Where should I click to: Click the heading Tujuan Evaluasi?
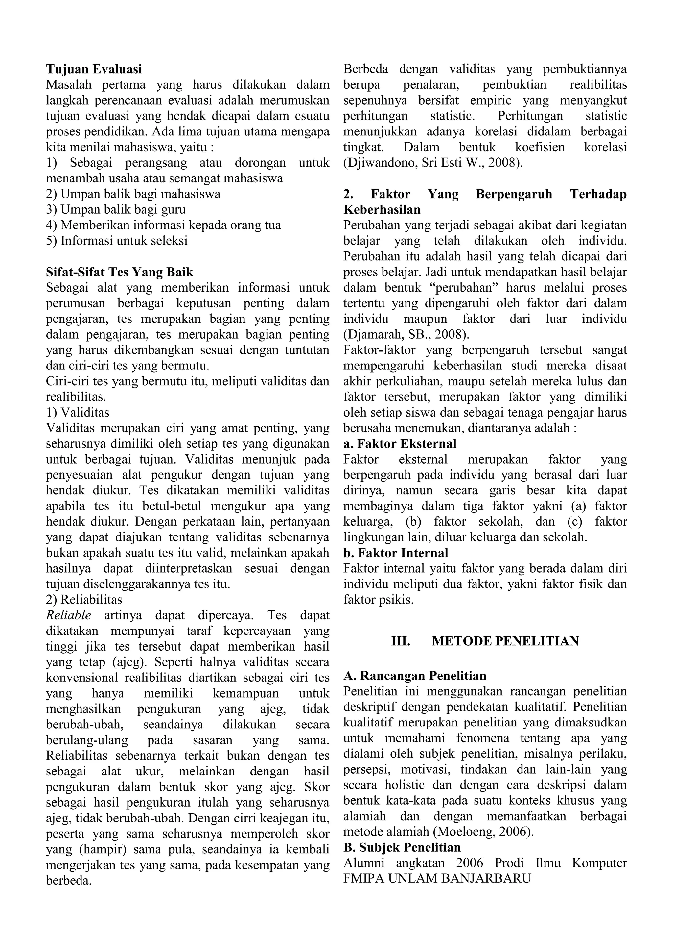tap(94, 69)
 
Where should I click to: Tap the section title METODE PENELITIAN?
tap(505, 641)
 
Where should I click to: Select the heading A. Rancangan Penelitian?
tap(415, 676)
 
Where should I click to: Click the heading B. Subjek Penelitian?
tap(402, 847)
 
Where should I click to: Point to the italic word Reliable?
tap(68, 615)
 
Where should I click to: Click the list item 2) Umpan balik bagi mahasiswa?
tap(133, 194)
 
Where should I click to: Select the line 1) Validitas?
tap(78, 413)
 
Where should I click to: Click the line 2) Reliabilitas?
tap(84, 600)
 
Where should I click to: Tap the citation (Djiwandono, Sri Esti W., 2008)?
tap(433, 162)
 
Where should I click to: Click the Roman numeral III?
tap(401, 641)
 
